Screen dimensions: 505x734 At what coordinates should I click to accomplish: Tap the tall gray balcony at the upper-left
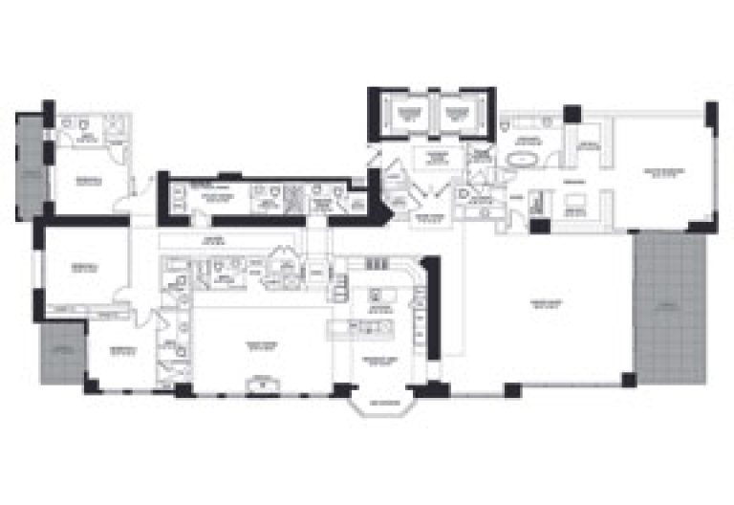coord(30,168)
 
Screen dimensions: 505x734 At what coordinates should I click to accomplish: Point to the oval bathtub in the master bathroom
coord(523,160)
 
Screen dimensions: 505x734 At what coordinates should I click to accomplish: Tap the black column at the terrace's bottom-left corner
coord(628,380)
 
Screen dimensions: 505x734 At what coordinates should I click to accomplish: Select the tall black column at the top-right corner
coord(711,114)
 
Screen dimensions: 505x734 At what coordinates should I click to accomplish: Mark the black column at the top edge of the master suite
coord(572,114)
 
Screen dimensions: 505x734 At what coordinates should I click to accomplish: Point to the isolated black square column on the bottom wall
coord(512,389)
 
